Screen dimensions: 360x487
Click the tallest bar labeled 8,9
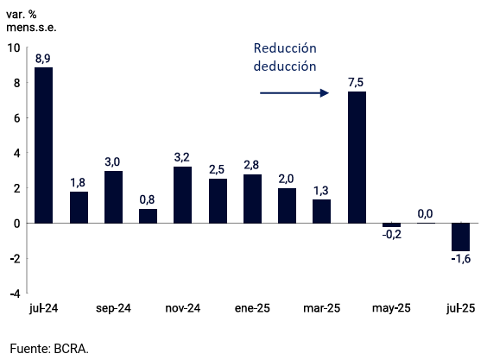point(43,145)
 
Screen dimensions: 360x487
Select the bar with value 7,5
point(357,157)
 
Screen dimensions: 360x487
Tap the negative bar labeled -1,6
point(460,237)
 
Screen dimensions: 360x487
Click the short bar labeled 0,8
point(148,216)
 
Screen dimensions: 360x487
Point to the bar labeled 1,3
point(321,212)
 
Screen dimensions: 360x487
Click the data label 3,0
point(112,161)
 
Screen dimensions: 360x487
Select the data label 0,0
point(426,213)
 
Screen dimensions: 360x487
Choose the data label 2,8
point(252,165)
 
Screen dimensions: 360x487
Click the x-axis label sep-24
point(113,308)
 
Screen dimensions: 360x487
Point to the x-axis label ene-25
point(252,308)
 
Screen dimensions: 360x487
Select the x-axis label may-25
point(391,308)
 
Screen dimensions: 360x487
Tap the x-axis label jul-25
point(460,308)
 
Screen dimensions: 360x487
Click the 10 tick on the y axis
point(13,48)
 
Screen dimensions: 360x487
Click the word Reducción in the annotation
point(285,48)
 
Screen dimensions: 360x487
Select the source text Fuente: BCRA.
point(49,349)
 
